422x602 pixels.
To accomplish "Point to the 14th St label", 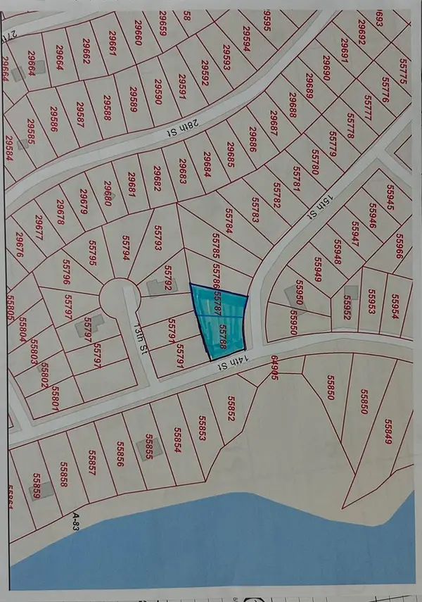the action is tap(224, 366).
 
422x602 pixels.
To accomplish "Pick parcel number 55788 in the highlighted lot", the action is tap(224, 337).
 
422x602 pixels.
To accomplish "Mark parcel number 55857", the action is tap(88, 459).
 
